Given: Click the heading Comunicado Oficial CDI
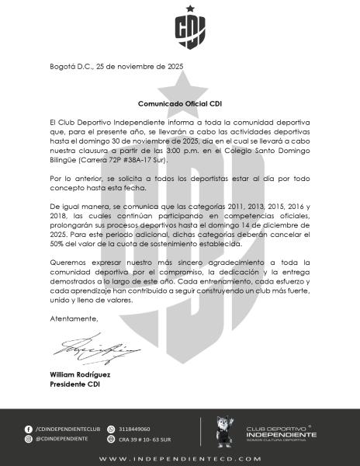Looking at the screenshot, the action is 180,103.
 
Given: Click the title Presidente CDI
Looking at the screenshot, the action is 74,384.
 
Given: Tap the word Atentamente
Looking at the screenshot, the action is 74,319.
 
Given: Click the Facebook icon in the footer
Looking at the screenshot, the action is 29,429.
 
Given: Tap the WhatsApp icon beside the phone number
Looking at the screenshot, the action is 111,429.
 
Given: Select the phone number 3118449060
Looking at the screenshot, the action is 134,429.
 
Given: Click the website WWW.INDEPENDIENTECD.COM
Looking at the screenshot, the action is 180,457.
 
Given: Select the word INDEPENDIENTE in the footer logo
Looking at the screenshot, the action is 281,434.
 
